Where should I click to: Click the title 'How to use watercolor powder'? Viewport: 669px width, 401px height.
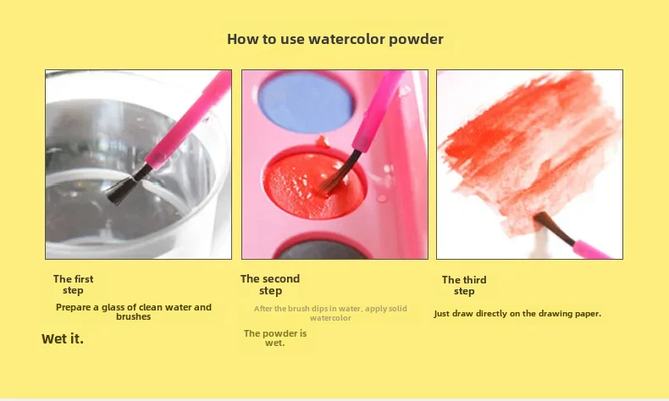pyautogui.click(x=335, y=39)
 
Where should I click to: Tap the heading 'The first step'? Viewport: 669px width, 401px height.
pyautogui.click(x=73, y=284)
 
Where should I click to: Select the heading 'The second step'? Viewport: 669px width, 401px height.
pyautogui.click(x=270, y=284)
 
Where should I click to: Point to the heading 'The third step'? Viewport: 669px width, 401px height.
pyautogui.click(x=464, y=285)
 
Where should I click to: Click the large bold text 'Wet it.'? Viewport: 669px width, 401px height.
pyautogui.click(x=63, y=338)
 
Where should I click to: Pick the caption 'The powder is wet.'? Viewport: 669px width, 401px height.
pyautogui.click(x=275, y=338)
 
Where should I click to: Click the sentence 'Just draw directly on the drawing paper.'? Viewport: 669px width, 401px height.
pyautogui.click(x=517, y=314)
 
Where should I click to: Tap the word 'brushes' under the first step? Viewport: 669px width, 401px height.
pyautogui.click(x=134, y=316)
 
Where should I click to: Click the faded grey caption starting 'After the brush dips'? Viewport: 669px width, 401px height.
pyautogui.click(x=330, y=313)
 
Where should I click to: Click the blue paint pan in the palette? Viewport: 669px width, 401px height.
pyautogui.click(x=306, y=102)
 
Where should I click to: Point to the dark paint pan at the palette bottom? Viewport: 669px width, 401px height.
pyautogui.click(x=321, y=250)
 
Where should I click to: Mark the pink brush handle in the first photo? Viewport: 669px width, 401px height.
pyautogui.click(x=190, y=119)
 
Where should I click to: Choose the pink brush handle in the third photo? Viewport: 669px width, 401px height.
pyautogui.click(x=592, y=250)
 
